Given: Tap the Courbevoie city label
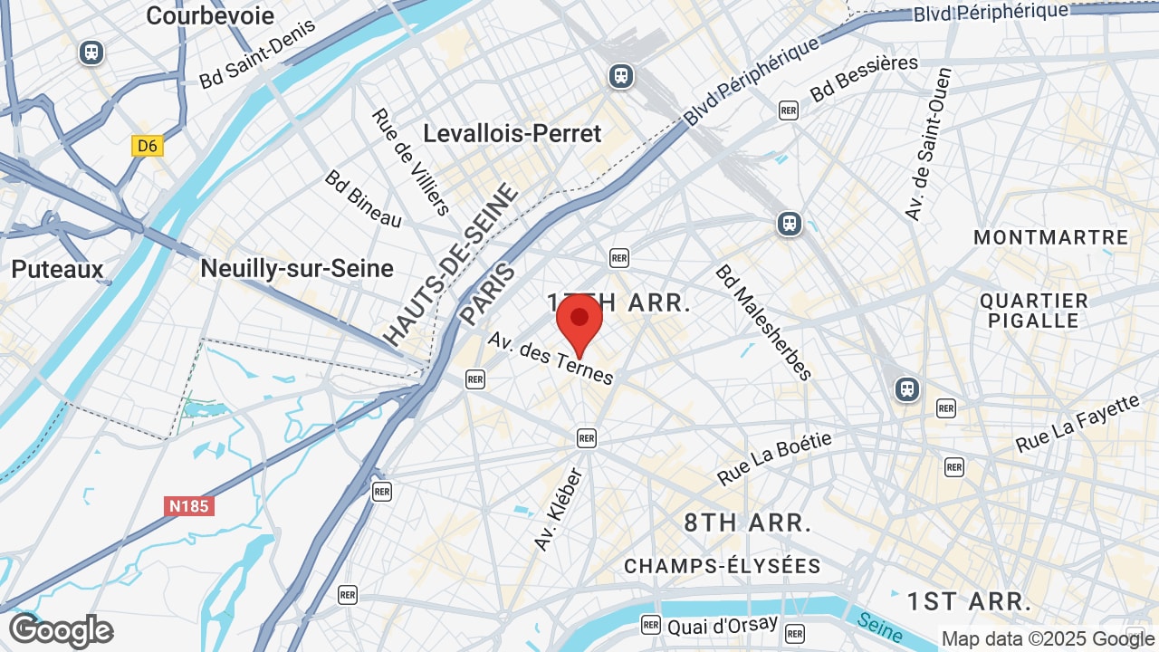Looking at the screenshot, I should coord(210,15).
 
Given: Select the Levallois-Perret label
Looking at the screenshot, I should coord(512,133).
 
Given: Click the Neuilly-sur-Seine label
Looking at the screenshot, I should coord(297,268).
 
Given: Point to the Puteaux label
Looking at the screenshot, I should coord(58,269).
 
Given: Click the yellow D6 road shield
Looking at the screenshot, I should coord(148,146).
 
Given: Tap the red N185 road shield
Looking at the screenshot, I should coord(189,506).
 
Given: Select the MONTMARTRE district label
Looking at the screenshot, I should coord(1050,237).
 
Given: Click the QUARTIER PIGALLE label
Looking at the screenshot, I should coord(1033,311).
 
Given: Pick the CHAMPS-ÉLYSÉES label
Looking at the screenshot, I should coord(722,566).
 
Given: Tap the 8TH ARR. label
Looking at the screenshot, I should coord(747,523).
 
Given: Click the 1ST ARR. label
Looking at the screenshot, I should coord(969,601).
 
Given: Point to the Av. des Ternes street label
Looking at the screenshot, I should coord(551,358).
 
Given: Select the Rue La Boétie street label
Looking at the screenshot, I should coord(774,458).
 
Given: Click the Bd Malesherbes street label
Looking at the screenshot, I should coord(763,322).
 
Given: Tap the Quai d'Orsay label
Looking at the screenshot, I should coord(722,625).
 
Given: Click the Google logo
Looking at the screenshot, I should coord(61,630).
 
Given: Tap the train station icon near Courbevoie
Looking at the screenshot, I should coord(91,53).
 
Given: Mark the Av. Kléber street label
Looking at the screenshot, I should coord(558,510).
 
